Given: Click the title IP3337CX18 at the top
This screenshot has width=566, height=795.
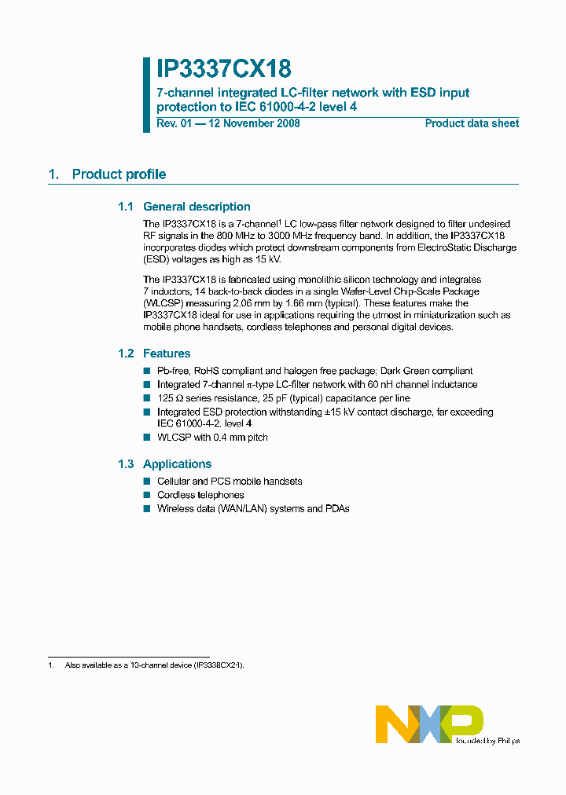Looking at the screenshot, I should pyautogui.click(x=224, y=70).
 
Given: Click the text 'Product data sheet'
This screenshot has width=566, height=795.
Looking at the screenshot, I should pyautogui.click(x=472, y=123).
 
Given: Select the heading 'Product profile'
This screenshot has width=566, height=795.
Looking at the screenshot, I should pyautogui.click(x=119, y=174).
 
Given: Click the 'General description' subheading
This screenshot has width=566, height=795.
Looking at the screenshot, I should pyautogui.click(x=197, y=207).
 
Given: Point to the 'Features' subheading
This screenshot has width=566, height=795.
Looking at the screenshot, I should pyautogui.click(x=167, y=354).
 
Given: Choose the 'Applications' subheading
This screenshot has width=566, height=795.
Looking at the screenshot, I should pyautogui.click(x=177, y=464).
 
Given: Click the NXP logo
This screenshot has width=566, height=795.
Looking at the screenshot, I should pyautogui.click(x=428, y=724).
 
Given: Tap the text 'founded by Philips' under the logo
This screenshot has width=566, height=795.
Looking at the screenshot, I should pyautogui.click(x=486, y=740).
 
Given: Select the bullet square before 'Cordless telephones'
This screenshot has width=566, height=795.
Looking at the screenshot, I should pyautogui.click(x=146, y=495).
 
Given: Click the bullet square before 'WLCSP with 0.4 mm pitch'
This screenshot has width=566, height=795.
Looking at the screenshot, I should pyautogui.click(x=146, y=438).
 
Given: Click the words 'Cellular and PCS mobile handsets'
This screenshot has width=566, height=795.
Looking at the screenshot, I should pyautogui.click(x=230, y=481).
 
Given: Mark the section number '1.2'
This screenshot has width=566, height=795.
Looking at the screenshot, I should pyautogui.click(x=127, y=354).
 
